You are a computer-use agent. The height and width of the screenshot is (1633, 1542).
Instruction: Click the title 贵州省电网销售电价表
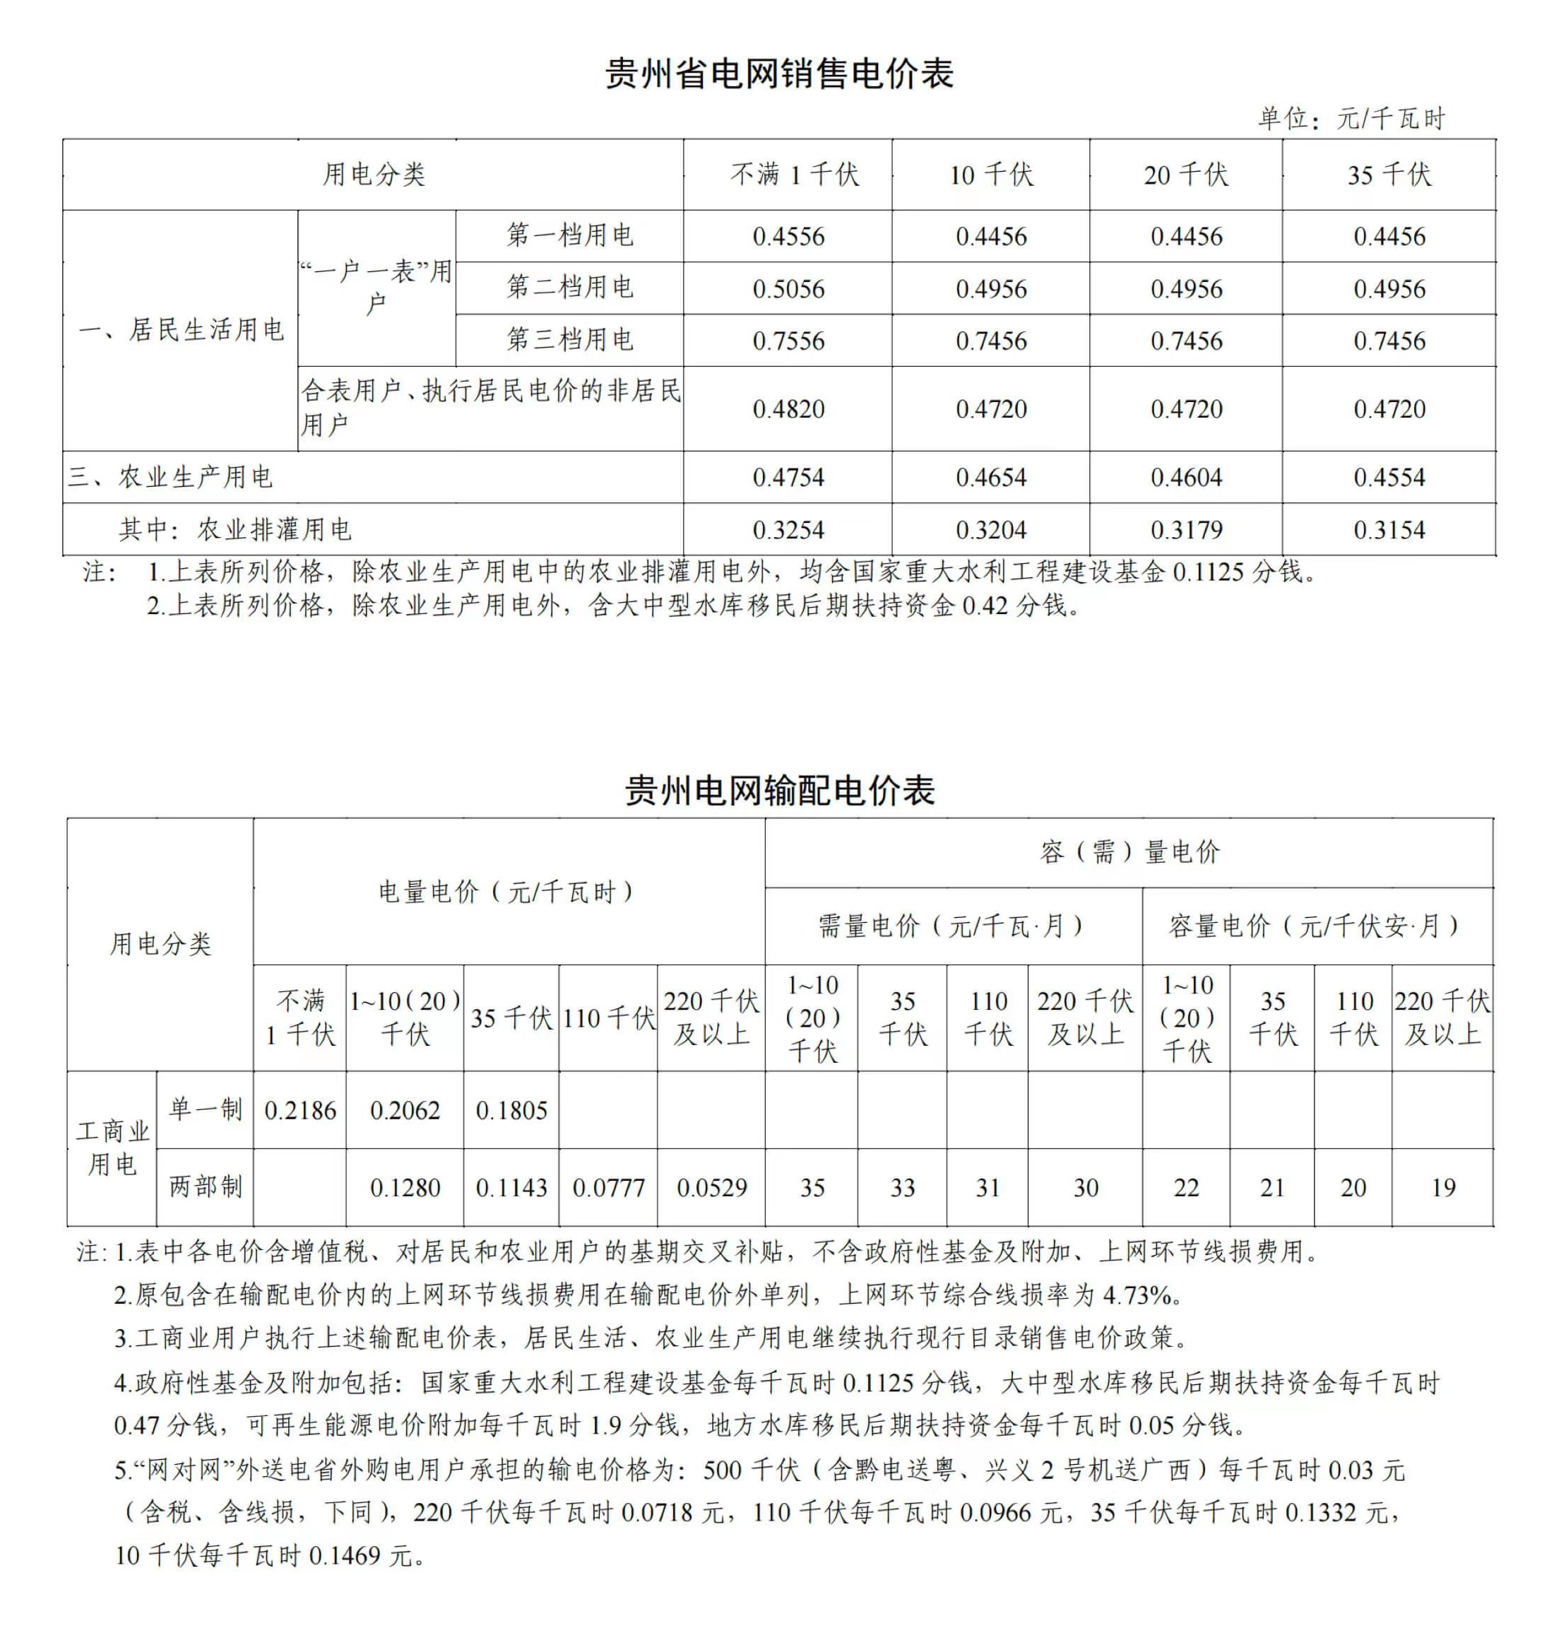[779, 74]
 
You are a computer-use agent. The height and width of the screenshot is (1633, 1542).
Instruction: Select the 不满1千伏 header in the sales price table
[794, 175]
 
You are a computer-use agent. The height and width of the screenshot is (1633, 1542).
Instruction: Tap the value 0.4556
[788, 237]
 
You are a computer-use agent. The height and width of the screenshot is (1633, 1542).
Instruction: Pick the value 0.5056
[788, 288]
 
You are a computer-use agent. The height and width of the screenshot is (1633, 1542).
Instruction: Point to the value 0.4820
[788, 408]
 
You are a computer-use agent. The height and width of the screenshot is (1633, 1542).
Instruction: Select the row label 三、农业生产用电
[170, 477]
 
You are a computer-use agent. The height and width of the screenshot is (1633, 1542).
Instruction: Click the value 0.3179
[1186, 529]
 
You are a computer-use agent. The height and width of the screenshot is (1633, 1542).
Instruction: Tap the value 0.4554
[1389, 477]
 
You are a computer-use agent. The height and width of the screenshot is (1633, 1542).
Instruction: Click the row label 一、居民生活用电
[182, 331]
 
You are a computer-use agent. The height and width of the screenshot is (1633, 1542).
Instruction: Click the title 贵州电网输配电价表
[779, 791]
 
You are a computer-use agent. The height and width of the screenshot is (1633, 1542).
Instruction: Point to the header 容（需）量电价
[1129, 852]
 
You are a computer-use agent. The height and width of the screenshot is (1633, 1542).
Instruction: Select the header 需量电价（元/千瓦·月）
[952, 926]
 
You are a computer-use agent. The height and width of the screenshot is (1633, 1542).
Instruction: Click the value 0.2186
[300, 1111]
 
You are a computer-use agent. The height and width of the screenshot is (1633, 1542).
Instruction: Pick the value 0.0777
[608, 1188]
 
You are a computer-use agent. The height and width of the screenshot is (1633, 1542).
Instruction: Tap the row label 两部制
[206, 1187]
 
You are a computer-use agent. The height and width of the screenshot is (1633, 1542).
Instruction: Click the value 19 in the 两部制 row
[1442, 1188]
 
